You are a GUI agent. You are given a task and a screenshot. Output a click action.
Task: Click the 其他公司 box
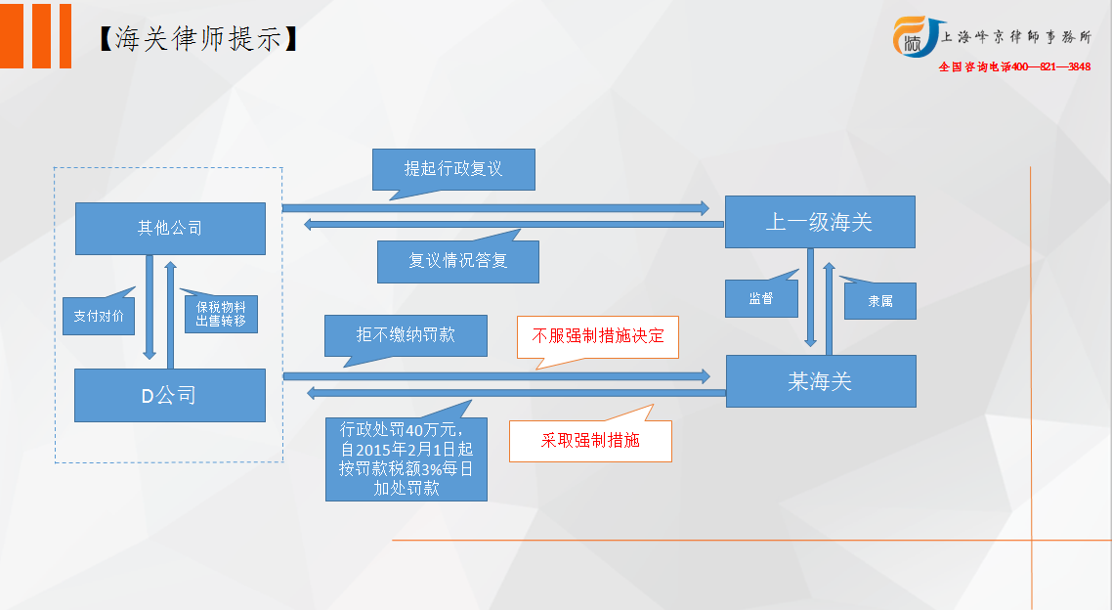point(170,229)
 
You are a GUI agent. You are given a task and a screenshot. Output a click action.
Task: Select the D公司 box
point(170,395)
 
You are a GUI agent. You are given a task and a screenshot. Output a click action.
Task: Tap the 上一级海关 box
point(820,222)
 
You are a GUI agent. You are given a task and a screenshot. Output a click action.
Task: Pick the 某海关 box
point(821,381)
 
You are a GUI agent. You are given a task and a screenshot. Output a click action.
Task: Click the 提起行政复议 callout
point(453,169)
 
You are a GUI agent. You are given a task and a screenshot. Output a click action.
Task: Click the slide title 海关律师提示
point(197,39)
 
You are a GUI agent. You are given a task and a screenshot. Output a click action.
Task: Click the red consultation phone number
point(1015,66)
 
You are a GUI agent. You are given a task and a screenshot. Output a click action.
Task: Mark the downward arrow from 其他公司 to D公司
point(150,307)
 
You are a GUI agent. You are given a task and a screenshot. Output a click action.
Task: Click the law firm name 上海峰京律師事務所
point(1016,37)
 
